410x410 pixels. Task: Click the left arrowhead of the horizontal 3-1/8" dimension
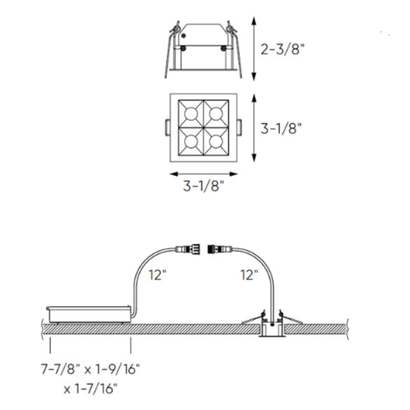170,172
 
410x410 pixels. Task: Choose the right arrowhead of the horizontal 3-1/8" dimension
239,172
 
